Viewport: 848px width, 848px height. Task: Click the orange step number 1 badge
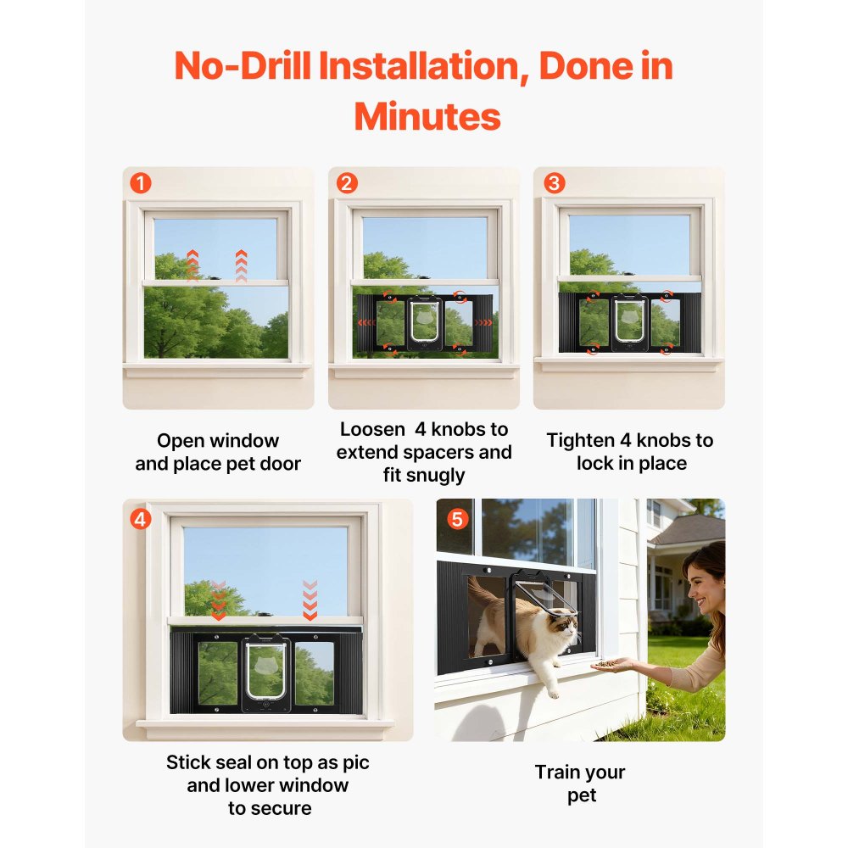(140, 183)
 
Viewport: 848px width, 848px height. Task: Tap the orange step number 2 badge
(346, 183)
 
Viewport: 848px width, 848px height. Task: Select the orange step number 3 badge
(554, 183)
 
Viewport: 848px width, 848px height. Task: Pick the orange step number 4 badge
(140, 518)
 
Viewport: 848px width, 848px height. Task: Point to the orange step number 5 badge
(457, 518)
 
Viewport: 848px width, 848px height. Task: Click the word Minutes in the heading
(427, 116)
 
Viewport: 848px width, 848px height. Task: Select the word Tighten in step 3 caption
(580, 440)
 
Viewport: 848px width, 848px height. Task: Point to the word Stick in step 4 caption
(187, 762)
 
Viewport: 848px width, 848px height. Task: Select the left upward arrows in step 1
(192, 265)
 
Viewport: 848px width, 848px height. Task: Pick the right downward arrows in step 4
(310, 600)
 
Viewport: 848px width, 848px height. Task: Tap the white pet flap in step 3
(628, 320)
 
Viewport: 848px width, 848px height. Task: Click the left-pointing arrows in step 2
(365, 323)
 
